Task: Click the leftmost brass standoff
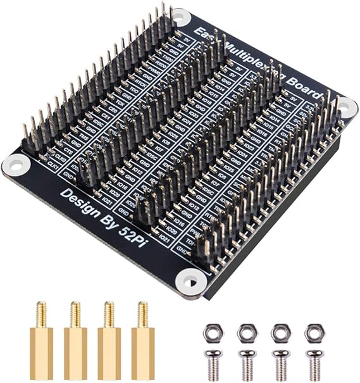[x=41, y=342]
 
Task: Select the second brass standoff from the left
[x=75, y=342]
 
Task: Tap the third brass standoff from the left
[x=109, y=342]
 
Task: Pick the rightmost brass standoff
[x=142, y=342]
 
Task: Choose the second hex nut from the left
[x=245, y=332]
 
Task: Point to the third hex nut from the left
[x=280, y=332]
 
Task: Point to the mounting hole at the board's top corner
[x=181, y=18]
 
